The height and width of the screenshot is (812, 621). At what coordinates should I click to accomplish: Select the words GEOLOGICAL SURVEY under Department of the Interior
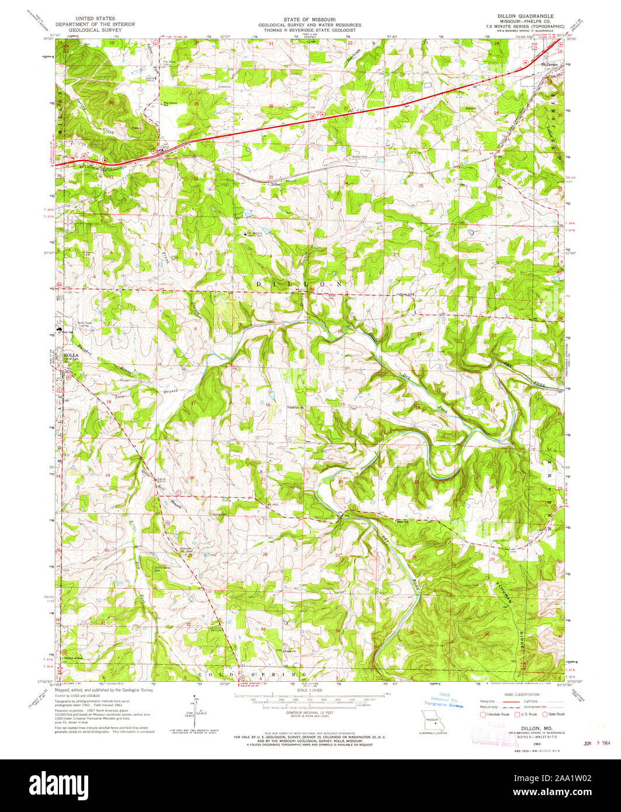click(95, 30)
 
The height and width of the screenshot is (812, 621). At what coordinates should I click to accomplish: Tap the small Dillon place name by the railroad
click(275, 185)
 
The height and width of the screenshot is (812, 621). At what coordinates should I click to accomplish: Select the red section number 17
click(193, 403)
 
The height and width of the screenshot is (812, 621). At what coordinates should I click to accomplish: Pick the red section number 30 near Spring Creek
click(111, 103)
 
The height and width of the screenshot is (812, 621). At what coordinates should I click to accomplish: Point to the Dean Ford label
click(490, 443)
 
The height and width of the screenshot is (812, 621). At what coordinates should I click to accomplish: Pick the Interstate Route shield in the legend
click(483, 714)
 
